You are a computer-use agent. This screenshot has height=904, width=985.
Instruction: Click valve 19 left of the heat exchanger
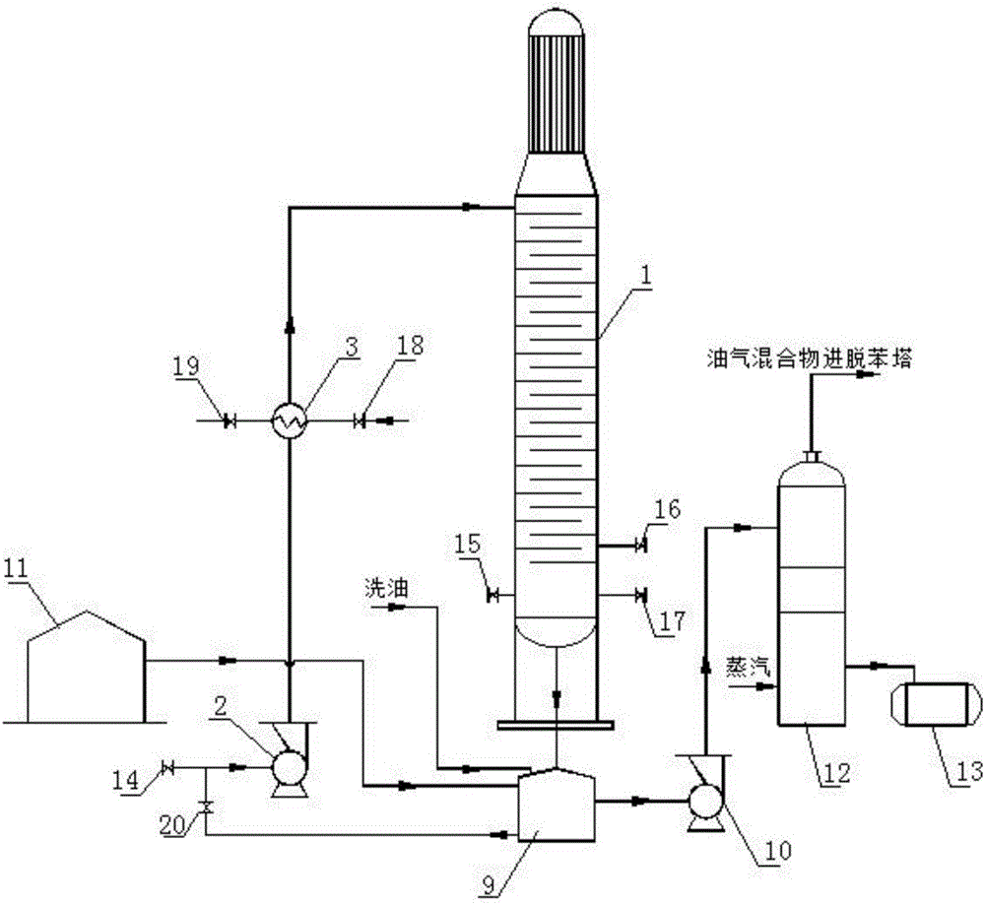click(x=230, y=420)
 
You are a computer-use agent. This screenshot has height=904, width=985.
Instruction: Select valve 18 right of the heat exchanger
click(x=360, y=420)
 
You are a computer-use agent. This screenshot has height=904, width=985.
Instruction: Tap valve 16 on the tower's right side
click(x=641, y=545)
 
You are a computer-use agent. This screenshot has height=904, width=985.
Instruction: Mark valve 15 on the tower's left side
click(x=493, y=594)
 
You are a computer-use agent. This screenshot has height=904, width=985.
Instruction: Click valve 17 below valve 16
click(x=641, y=594)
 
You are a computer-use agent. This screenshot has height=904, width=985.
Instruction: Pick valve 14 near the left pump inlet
click(x=167, y=767)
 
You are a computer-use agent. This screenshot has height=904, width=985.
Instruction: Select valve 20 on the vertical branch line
click(x=206, y=807)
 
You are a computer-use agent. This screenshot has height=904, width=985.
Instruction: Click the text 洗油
click(x=387, y=589)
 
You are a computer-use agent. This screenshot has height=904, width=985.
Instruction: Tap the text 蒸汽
click(x=748, y=666)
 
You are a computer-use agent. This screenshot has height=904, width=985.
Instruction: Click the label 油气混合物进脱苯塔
click(x=809, y=360)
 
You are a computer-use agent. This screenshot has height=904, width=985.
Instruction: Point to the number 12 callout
click(x=835, y=771)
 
